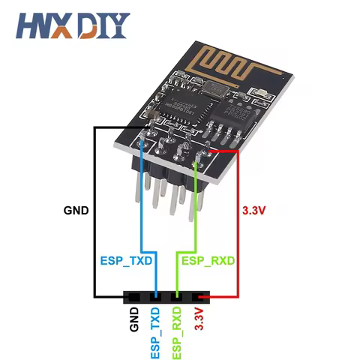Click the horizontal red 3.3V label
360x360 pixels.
click(x=254, y=211)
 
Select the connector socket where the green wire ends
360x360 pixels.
click(x=177, y=298)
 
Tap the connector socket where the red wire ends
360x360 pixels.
click(x=198, y=298)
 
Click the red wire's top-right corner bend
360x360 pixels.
click(x=238, y=151)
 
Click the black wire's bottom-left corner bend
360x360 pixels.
click(x=94, y=298)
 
